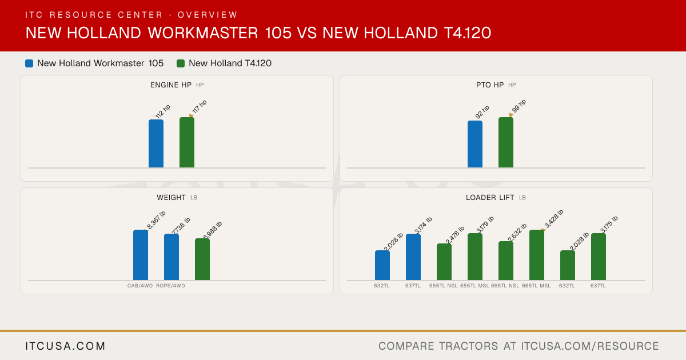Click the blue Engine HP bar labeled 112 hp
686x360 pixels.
(x=156, y=143)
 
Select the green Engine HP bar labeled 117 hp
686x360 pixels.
(x=187, y=142)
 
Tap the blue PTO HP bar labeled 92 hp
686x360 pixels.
(x=475, y=144)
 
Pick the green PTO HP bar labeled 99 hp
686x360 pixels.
(x=506, y=142)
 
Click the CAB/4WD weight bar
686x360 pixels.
(x=141, y=255)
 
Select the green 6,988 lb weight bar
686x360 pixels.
(x=202, y=259)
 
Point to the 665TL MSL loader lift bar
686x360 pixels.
(x=537, y=255)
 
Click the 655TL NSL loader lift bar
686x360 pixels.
(x=444, y=262)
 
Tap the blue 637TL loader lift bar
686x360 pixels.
(x=413, y=257)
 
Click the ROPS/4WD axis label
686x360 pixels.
(x=170, y=286)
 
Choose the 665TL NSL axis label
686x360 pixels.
(x=505, y=286)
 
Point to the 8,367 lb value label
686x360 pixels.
(x=156, y=220)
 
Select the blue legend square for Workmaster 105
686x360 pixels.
(x=29, y=63)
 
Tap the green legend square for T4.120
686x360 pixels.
(x=181, y=63)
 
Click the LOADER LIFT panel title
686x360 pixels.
(x=490, y=198)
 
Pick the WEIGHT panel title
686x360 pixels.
(x=171, y=198)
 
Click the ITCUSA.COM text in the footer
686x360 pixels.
(x=65, y=346)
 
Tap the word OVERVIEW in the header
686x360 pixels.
(x=208, y=15)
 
